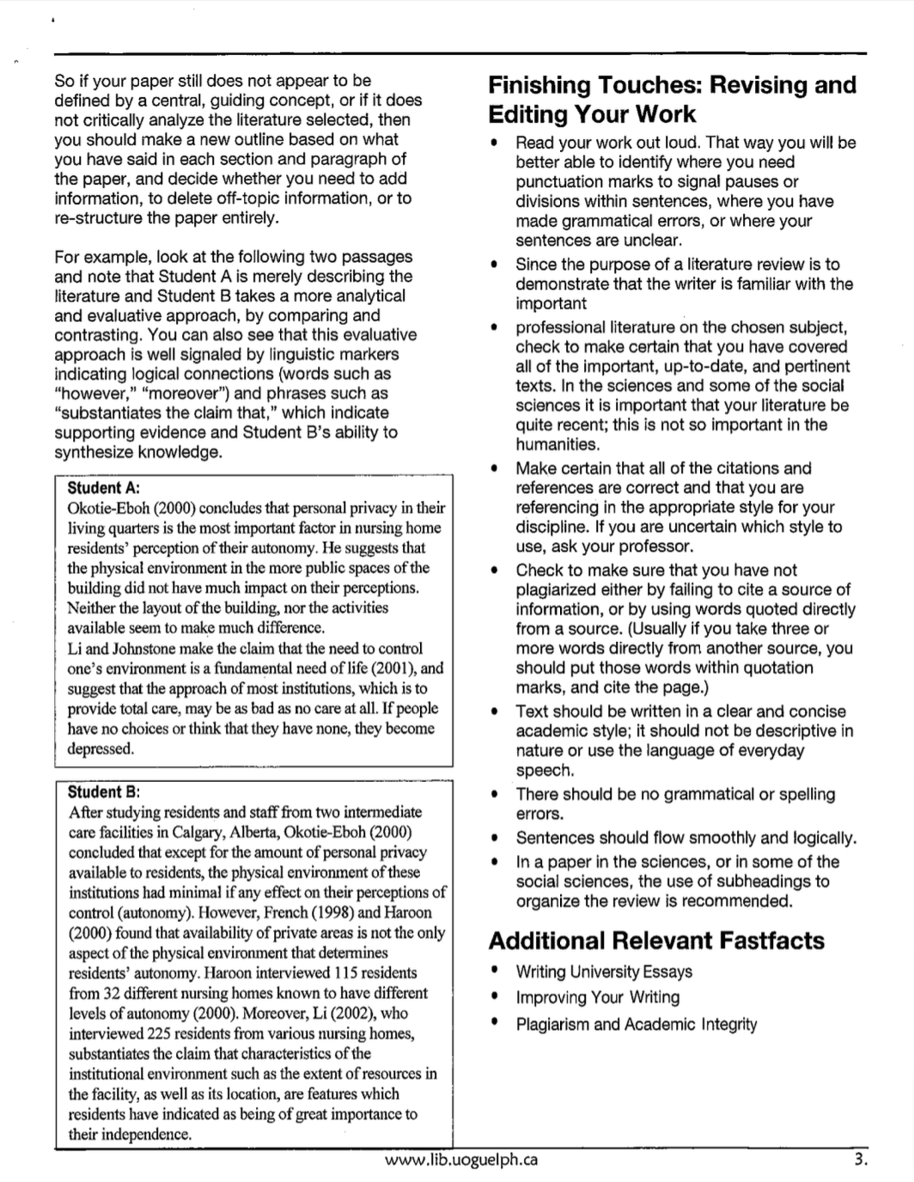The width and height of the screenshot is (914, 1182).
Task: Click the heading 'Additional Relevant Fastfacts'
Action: [x=656, y=941]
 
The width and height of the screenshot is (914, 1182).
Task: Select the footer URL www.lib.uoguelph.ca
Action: [x=461, y=1160]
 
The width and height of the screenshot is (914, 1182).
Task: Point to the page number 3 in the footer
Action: [x=860, y=1160]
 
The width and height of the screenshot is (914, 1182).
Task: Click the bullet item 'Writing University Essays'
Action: [x=604, y=972]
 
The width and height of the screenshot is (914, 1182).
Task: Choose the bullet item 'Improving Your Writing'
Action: [x=597, y=997]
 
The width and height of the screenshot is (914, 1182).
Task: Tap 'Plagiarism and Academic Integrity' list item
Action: [x=636, y=1024]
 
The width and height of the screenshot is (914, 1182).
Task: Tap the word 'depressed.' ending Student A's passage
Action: [x=101, y=748]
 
